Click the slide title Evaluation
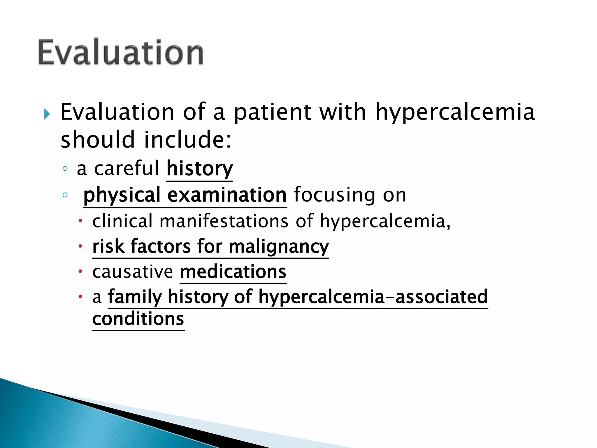[121, 52]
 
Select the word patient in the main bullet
[272, 112]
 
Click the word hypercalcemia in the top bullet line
[455, 112]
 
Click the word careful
[127, 168]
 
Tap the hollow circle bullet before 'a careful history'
[65, 168]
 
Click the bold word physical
[122, 195]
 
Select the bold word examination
[227, 195]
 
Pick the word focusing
[335, 195]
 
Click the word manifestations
[224, 221]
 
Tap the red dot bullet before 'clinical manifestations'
[80, 221]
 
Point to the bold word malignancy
[279, 247]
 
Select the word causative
[133, 272]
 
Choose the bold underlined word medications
[233, 272]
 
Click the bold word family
[135, 297]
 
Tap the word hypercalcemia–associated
[373, 297]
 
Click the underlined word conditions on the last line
[138, 319]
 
